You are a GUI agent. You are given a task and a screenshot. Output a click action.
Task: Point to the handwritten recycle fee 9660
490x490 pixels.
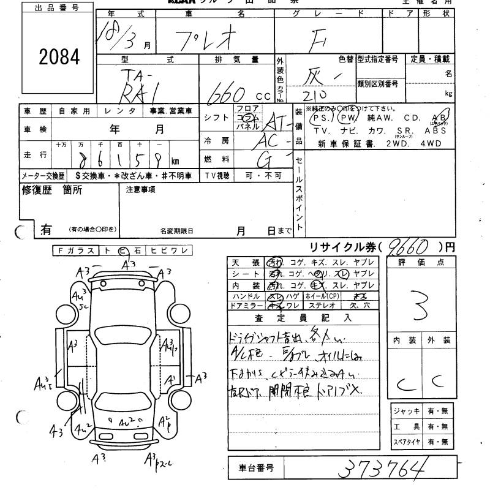409,247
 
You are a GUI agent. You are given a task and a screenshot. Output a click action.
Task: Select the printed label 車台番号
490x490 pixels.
257,470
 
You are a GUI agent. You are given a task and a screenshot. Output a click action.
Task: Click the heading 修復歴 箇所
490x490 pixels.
52,190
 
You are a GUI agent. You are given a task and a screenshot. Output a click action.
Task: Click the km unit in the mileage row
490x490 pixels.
175,161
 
